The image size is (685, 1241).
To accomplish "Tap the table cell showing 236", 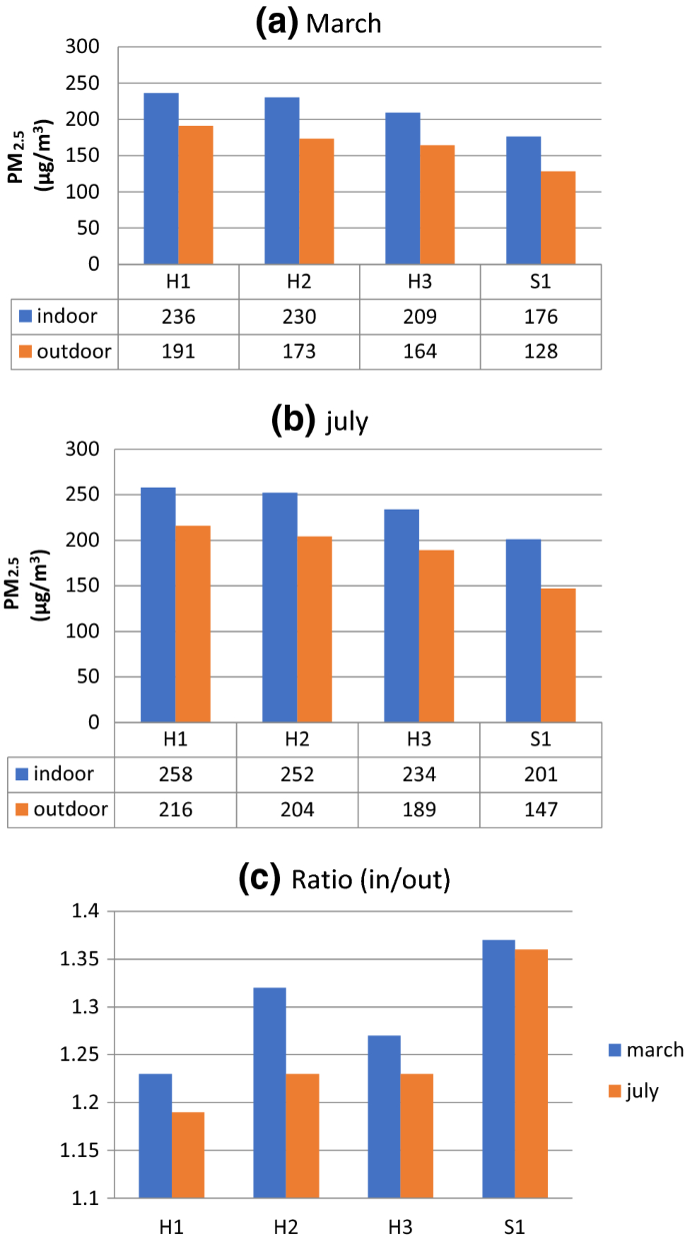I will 178,317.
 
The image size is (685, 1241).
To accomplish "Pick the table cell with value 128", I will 541,352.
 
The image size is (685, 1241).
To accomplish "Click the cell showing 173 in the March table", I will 299,352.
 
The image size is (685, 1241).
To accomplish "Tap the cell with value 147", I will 541,808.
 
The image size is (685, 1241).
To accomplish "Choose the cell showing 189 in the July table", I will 419,808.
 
